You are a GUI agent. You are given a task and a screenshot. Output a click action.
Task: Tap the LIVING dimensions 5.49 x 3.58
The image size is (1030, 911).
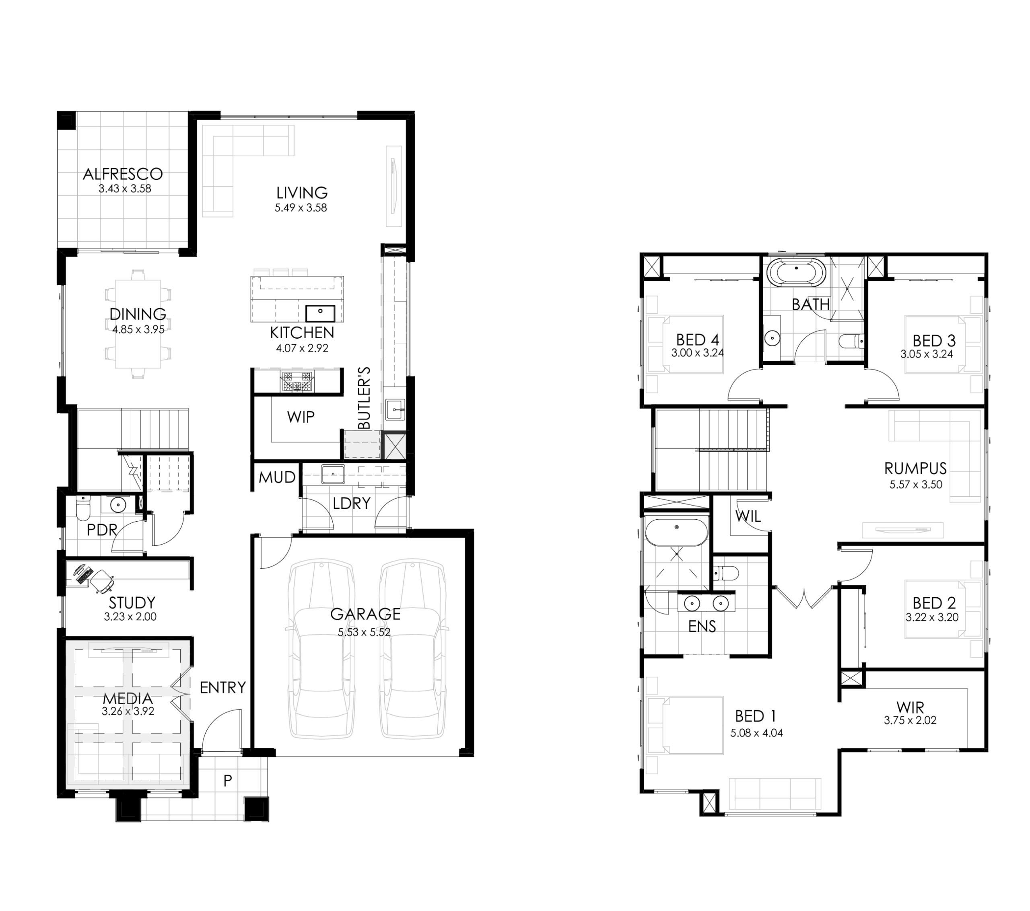(301, 208)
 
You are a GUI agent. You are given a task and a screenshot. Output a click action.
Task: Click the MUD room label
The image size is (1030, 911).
(277, 477)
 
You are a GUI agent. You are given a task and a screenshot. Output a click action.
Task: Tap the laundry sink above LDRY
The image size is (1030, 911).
(333, 474)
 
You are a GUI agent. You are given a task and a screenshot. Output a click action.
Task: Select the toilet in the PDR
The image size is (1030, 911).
(82, 508)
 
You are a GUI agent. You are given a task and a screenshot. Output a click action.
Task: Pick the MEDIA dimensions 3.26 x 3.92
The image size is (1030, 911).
(128, 712)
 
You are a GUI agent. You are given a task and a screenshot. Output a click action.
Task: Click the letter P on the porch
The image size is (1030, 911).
(228, 781)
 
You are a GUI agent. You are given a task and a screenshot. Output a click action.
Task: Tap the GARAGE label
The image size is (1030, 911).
(365, 614)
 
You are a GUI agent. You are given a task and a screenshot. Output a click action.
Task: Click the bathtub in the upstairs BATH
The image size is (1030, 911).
(796, 273)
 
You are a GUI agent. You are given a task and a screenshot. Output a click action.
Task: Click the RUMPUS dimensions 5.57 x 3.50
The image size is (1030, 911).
(916, 485)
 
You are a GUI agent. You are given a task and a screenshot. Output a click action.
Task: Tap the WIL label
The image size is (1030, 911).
(748, 516)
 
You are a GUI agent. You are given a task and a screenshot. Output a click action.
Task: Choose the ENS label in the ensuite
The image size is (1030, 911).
(702, 626)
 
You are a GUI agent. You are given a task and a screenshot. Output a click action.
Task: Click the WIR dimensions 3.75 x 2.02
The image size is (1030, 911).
(910, 720)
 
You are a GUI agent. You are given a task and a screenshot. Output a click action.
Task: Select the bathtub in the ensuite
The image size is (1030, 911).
(676, 533)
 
